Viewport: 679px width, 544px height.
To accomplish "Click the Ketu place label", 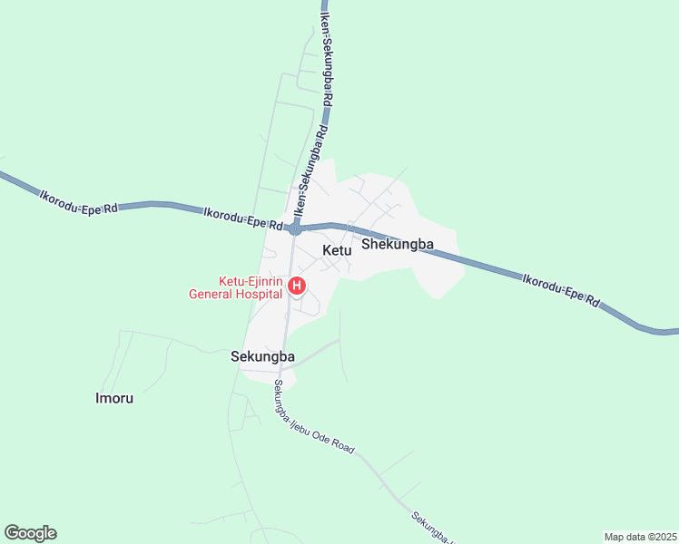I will tap(336, 250).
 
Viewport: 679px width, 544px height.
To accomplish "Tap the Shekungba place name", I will tap(397, 244).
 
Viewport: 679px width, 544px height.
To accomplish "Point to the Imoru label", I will tap(121, 397).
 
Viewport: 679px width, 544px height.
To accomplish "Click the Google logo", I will tap(30, 533).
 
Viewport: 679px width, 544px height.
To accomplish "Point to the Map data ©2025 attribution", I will tap(640, 537).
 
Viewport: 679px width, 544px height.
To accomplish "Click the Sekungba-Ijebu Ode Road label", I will tap(313, 418).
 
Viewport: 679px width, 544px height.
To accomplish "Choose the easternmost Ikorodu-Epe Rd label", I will tap(561, 288).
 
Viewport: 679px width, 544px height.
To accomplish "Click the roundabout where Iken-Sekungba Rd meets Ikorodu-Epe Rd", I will tap(295, 229).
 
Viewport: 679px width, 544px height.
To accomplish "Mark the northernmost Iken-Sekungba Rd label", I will tap(326, 52).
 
